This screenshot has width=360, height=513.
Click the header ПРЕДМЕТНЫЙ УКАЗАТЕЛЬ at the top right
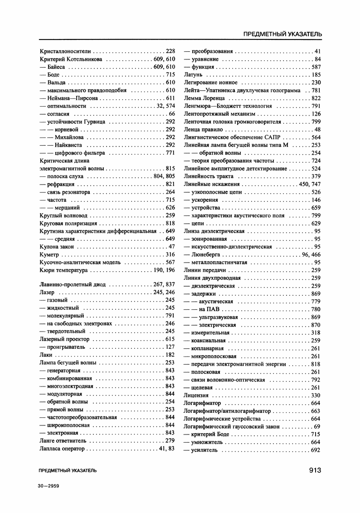pos(282,34)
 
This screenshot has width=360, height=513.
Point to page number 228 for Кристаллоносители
pos(170,51)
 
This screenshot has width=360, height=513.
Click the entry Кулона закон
pos(57,246)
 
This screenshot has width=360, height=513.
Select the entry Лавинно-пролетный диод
pos(73,284)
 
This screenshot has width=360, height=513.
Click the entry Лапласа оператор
pos(62,449)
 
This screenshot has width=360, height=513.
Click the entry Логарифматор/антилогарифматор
pos(227,411)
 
